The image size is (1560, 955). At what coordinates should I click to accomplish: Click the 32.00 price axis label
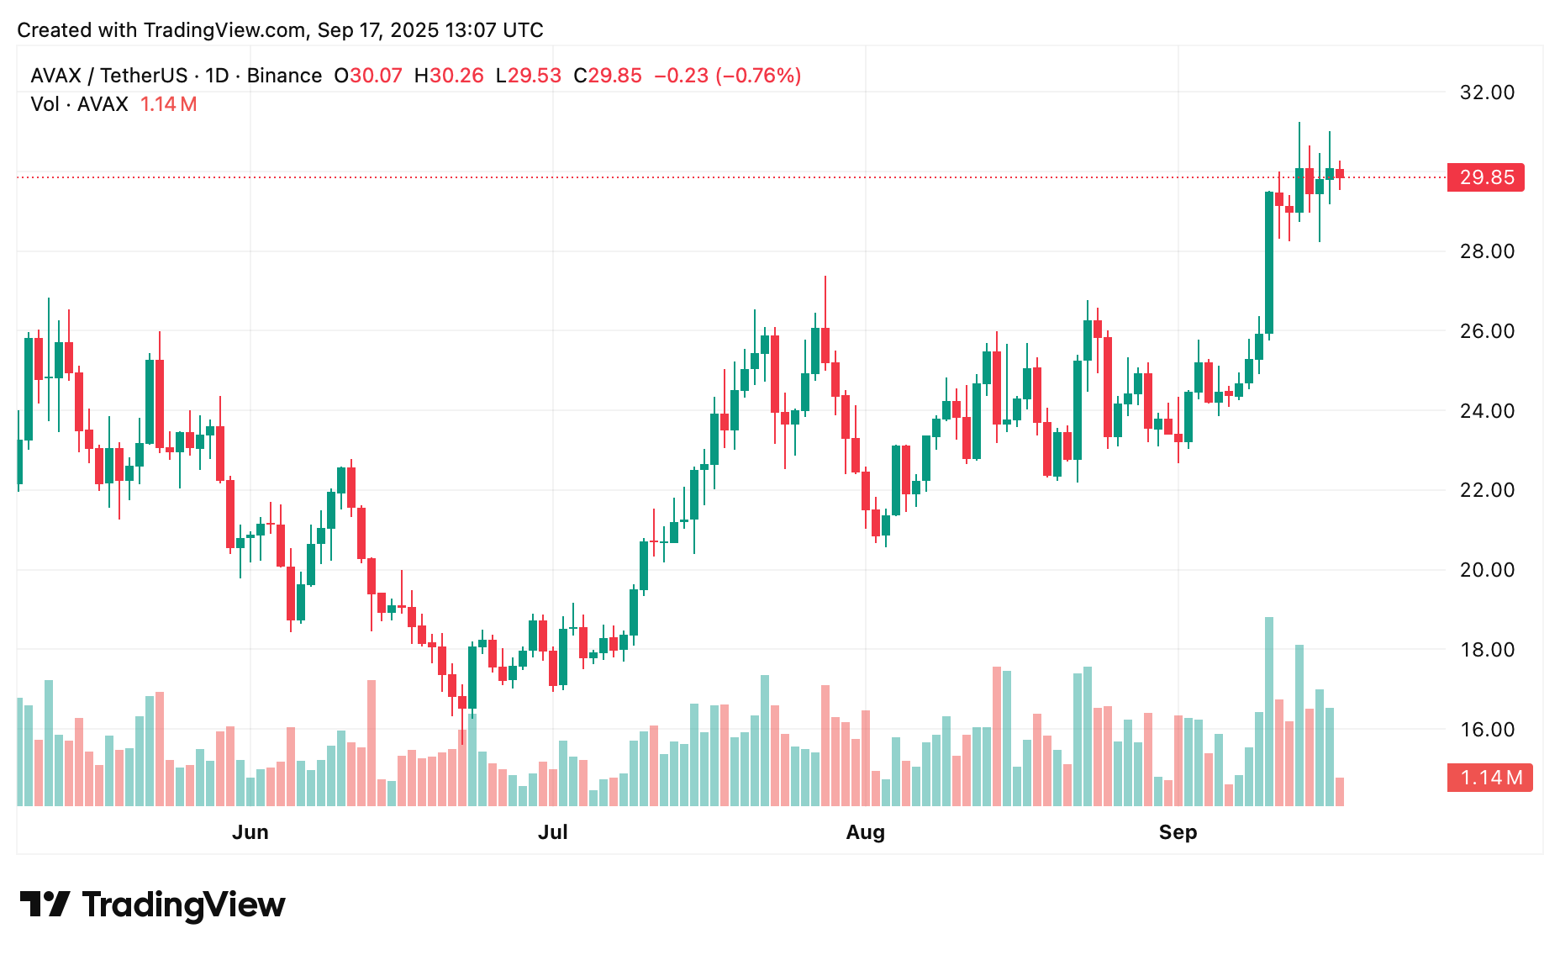point(1486,92)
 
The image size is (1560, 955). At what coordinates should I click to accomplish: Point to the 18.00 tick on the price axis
point(1486,650)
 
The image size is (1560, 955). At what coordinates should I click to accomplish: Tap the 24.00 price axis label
point(1486,411)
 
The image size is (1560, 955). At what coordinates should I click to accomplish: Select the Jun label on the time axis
point(250,832)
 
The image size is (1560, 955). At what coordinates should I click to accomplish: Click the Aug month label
point(865,832)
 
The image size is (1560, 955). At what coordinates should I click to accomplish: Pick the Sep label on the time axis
point(1178,832)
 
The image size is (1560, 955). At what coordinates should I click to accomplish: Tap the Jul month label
point(553,832)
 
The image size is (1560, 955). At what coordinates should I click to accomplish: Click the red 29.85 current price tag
point(1485,177)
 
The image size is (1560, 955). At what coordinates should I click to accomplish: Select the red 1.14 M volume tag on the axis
point(1489,778)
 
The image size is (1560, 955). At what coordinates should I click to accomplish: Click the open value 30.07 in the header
point(376,76)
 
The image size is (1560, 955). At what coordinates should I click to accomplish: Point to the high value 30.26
point(456,76)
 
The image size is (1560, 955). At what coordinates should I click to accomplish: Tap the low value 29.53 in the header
point(534,76)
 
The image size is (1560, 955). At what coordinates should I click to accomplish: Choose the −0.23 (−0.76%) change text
point(727,76)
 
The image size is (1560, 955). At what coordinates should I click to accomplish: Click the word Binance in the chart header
point(284,76)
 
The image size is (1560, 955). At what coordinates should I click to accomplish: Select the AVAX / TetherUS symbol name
point(109,76)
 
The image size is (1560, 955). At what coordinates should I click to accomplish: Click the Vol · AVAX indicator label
point(79,104)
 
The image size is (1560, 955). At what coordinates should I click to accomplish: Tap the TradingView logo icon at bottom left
point(45,905)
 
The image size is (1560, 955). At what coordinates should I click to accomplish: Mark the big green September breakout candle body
point(1269,262)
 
